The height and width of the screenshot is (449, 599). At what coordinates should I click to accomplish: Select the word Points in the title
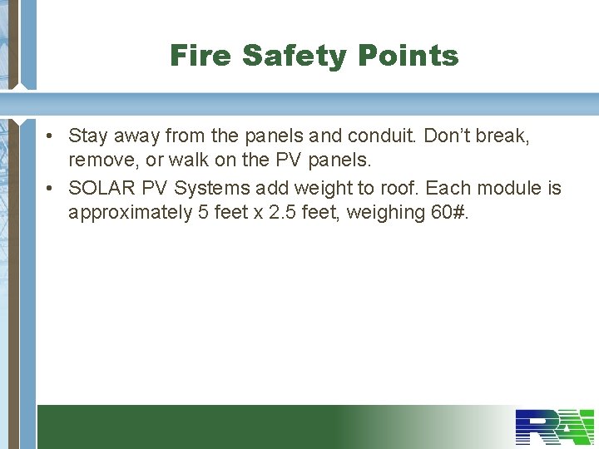coord(408,56)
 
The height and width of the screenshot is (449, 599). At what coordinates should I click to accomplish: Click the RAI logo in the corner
coord(555,427)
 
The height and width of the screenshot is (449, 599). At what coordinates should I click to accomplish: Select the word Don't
coord(449,136)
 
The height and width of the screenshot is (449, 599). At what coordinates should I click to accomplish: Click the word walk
coord(189,159)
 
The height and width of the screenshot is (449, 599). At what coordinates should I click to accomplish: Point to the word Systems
coord(212,189)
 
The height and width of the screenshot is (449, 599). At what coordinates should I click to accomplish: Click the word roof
coord(399,189)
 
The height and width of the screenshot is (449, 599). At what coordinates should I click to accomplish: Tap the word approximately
coord(130,213)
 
